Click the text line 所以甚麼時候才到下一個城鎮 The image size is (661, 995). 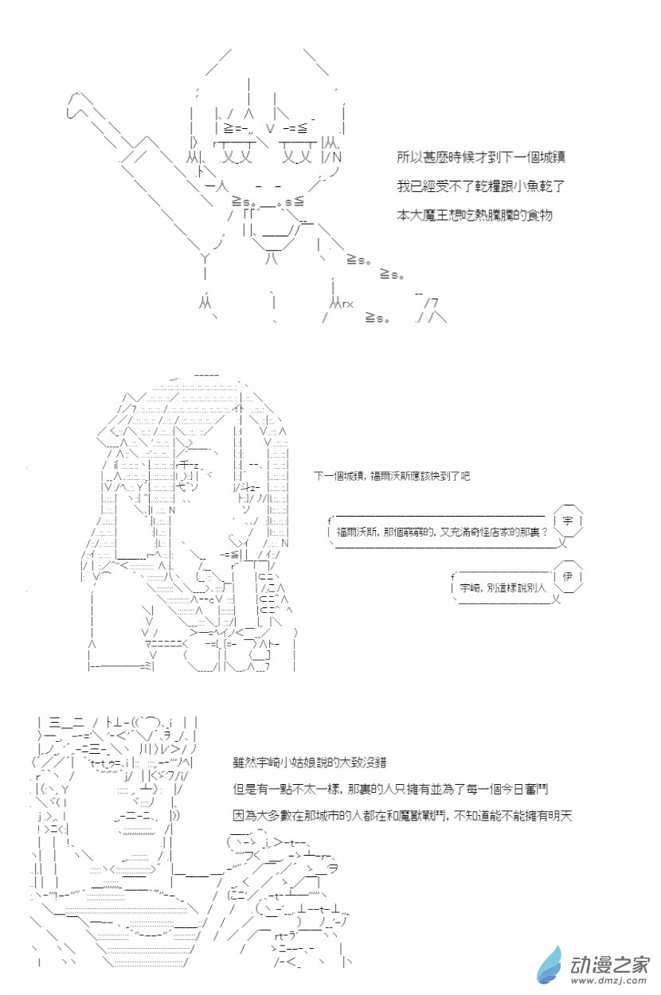480,157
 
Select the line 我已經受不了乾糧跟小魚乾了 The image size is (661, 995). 480,185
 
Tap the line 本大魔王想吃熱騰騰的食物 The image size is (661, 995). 475,215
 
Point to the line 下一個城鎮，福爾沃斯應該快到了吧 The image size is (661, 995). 392,476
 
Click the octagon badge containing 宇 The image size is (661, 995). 568,521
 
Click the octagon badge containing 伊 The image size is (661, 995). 568,576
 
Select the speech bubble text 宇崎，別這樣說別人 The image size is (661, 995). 503,587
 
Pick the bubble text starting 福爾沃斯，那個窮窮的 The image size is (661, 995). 442,532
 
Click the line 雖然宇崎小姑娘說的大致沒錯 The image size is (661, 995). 310,763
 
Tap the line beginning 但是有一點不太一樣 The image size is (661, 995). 390,789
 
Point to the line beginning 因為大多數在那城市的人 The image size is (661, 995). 402,816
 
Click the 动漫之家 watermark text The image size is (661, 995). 610,964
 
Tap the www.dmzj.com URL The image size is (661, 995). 609,981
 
